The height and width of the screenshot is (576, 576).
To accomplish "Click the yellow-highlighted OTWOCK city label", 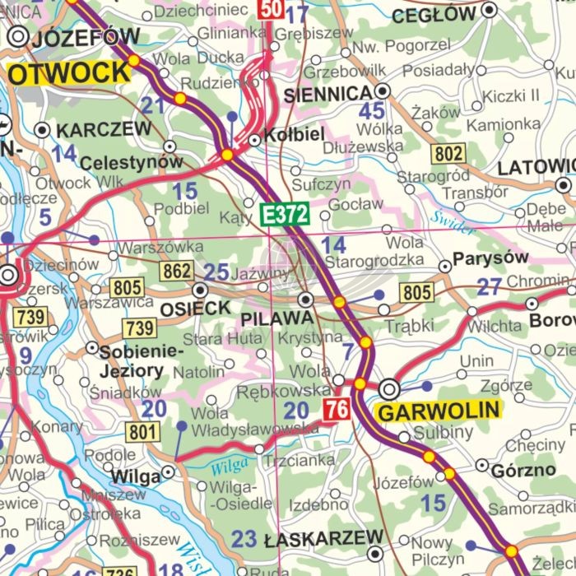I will click(69, 72).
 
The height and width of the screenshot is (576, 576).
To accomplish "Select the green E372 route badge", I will click(284, 216).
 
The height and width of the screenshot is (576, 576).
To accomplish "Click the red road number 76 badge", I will click(336, 409).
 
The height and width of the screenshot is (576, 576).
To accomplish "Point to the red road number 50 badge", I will click(272, 9).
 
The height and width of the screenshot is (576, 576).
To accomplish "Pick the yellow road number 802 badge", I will click(449, 153).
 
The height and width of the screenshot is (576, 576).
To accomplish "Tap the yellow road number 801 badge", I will click(142, 431).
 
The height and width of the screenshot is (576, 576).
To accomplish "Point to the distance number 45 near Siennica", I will click(371, 111).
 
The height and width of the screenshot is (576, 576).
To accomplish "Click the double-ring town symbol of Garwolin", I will click(389, 388).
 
